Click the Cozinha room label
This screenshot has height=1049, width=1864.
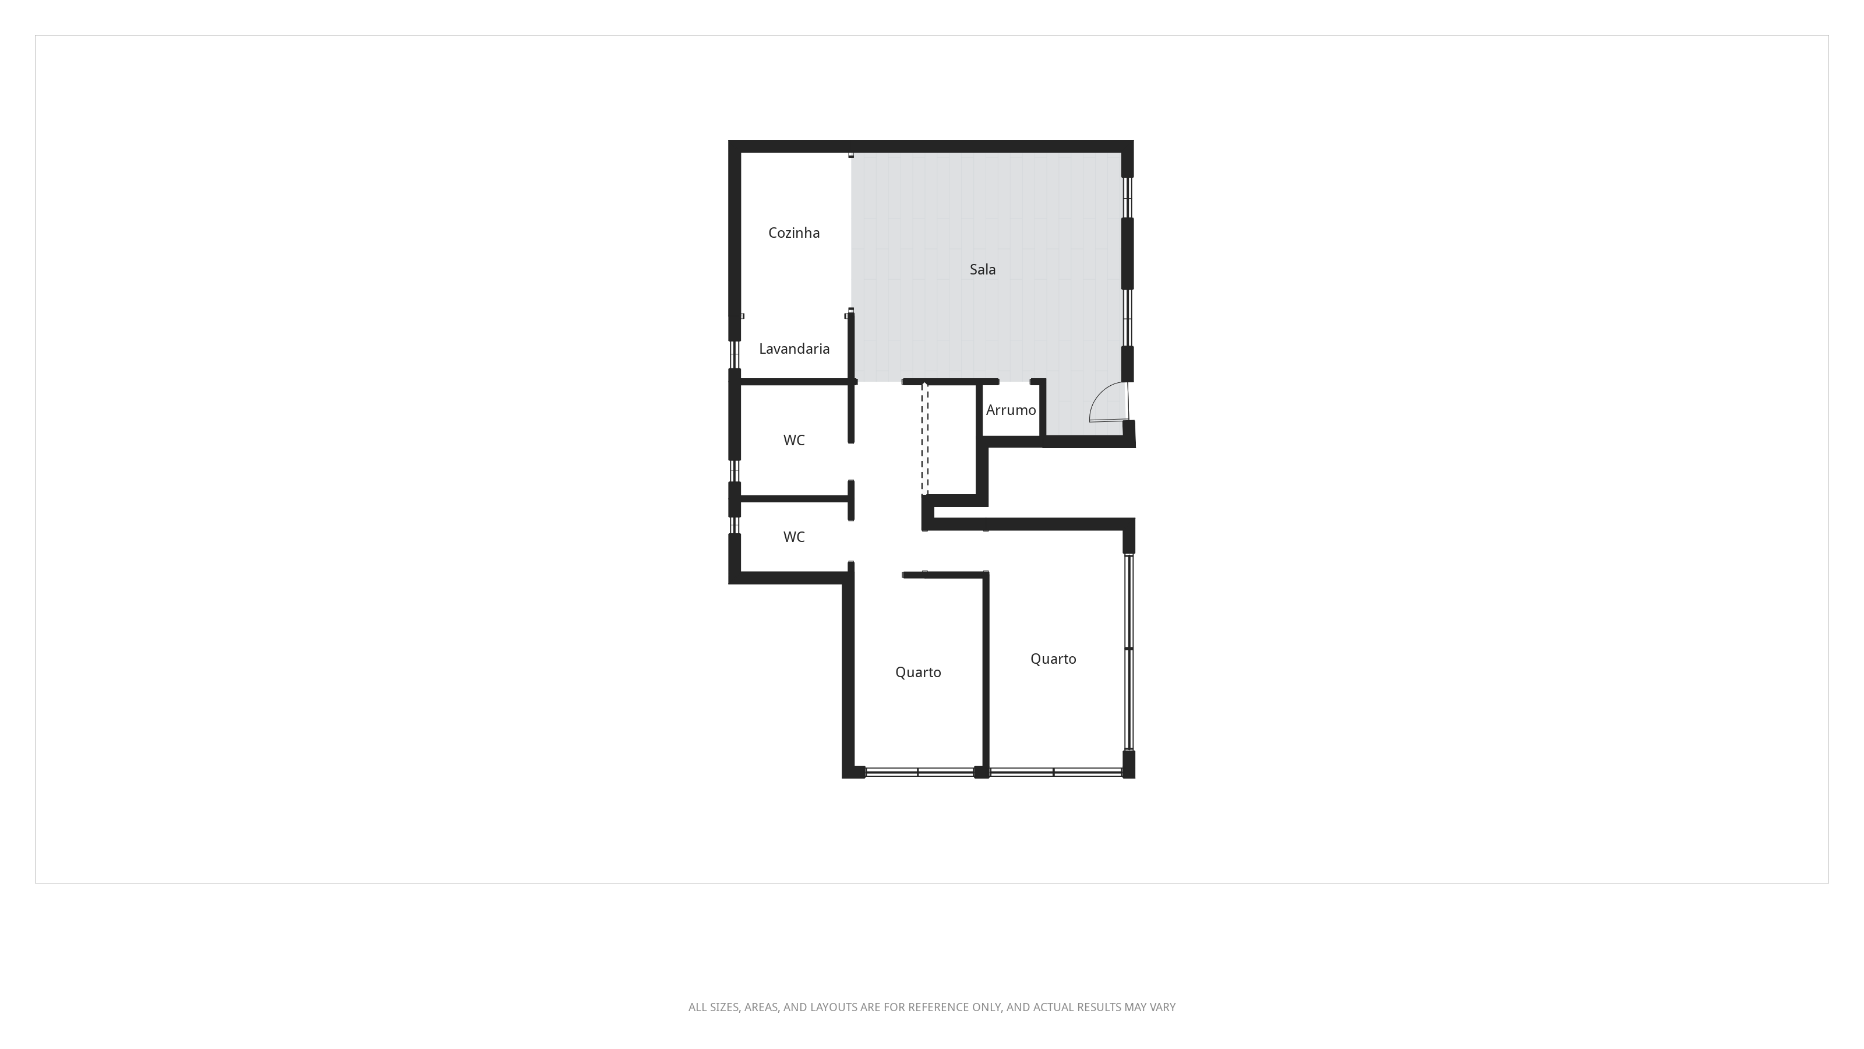(x=794, y=233)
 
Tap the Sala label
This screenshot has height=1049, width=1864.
(x=982, y=269)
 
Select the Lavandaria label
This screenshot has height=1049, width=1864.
(x=794, y=349)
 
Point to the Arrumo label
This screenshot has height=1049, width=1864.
(x=1010, y=410)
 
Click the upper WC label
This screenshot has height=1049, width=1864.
(x=794, y=440)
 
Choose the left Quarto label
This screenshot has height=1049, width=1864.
(x=917, y=673)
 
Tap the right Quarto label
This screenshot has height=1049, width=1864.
(x=1053, y=659)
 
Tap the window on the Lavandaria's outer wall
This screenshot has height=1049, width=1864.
(x=735, y=355)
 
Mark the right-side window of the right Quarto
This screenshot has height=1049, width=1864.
(x=1128, y=652)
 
